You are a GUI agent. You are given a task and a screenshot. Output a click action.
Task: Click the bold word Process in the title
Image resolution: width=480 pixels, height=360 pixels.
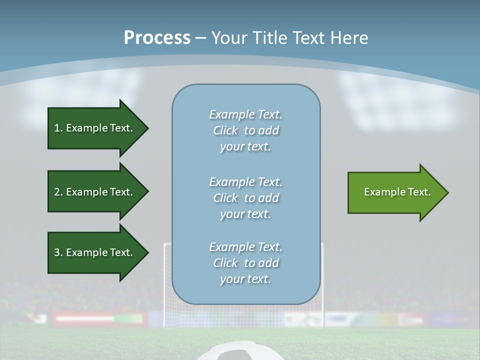pyautogui.click(x=157, y=38)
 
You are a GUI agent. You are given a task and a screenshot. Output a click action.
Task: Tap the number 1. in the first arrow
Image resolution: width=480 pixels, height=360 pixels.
pyautogui.click(x=58, y=128)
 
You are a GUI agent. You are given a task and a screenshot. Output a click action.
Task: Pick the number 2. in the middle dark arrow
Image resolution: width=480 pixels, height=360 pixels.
pyautogui.click(x=58, y=192)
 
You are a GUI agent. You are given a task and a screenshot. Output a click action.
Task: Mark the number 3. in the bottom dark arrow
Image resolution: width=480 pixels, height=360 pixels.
pyautogui.click(x=58, y=252)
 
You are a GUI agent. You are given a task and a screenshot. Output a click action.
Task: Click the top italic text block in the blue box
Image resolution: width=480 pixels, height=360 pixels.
pyautogui.click(x=245, y=130)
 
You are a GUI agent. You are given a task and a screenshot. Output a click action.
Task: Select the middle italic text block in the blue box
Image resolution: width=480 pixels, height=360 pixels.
pyautogui.click(x=245, y=198)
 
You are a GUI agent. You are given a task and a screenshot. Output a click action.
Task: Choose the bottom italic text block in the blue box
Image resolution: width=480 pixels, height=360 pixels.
pyautogui.click(x=245, y=263)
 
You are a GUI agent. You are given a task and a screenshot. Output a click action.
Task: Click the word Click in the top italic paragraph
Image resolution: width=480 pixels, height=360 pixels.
pyautogui.click(x=225, y=131)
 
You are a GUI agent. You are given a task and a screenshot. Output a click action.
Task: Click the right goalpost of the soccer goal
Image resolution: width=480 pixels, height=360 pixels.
pyautogui.click(x=322, y=280)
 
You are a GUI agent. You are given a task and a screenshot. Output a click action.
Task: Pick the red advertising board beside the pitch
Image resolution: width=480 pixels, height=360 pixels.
pyautogui.click(x=85, y=318)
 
